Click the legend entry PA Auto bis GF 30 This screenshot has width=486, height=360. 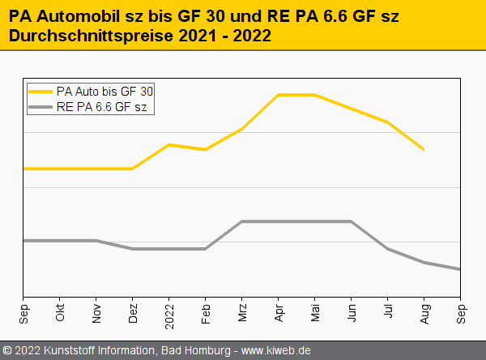coord(104,91)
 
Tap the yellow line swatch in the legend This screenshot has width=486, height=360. coord(40,91)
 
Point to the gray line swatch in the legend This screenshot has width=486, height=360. coord(40,106)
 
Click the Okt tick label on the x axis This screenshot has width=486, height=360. coord(60,314)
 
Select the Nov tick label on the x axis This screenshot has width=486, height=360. coord(96,314)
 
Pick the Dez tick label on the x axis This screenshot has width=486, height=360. coord(133,313)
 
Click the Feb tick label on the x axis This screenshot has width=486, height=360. coord(206,314)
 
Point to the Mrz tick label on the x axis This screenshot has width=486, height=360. coord(242,314)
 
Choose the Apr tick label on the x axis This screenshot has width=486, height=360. coord(279,314)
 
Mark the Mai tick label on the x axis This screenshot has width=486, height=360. coord(315,314)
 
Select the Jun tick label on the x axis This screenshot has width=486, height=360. coord(352,314)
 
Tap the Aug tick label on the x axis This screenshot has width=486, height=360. coord(424,314)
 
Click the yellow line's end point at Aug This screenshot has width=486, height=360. coord(424,150)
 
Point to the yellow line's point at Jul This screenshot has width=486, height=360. coord(388,122)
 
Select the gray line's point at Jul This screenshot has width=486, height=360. coord(388,249)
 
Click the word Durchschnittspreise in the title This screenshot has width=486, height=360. coord(79,36)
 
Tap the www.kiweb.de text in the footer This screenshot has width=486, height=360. coord(277,351)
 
